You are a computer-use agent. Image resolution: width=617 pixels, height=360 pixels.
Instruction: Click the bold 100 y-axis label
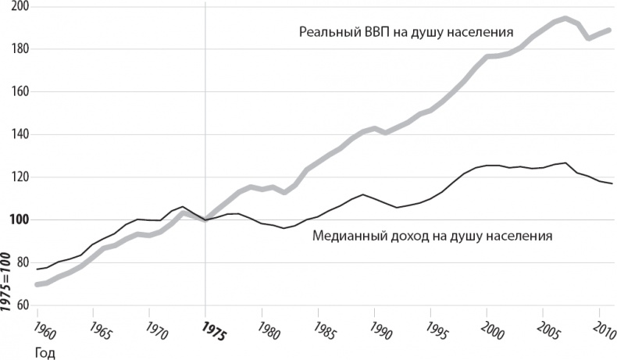(x=17, y=219)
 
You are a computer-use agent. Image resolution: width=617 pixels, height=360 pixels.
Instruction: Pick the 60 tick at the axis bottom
(x=21, y=305)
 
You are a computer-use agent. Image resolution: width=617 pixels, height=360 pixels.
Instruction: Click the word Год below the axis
(x=44, y=352)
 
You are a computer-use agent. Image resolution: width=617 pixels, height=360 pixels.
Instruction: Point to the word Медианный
(x=346, y=235)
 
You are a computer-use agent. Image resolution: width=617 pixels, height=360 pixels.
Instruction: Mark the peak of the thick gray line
(x=565, y=18)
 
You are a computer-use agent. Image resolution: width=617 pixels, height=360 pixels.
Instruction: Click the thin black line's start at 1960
(x=37, y=269)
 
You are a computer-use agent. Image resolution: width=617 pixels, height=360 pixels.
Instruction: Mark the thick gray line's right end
(x=609, y=30)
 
